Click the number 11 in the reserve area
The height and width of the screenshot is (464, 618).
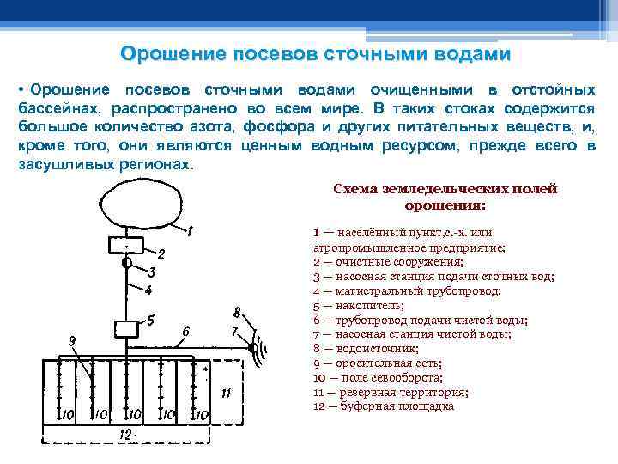(x=225, y=393)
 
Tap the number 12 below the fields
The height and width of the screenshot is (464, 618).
(x=127, y=436)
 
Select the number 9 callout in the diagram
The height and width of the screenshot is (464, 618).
(x=73, y=341)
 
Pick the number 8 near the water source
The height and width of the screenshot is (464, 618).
(x=237, y=311)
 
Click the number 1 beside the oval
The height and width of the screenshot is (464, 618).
(x=189, y=230)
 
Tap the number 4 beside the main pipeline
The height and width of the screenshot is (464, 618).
(x=148, y=290)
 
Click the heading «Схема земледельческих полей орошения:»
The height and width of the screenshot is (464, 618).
(x=445, y=197)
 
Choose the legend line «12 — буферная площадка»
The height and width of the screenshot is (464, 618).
(x=383, y=406)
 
